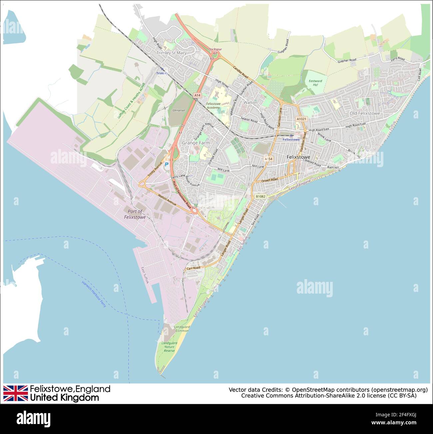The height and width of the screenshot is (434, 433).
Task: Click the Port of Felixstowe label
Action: [135, 214]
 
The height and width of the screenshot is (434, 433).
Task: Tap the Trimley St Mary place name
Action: [172, 53]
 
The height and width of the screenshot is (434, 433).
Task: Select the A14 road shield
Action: [198, 95]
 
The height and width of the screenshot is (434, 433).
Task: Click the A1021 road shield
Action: [301, 119]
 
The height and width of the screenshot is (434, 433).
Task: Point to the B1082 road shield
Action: [260, 196]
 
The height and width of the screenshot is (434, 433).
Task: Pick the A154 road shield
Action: [268, 159]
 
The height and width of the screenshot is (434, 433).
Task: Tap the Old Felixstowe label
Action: [365, 113]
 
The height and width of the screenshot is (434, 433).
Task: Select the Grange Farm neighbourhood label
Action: [196, 143]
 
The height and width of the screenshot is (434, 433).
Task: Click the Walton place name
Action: [250, 102]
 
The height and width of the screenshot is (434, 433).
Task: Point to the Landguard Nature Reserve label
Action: [169, 347]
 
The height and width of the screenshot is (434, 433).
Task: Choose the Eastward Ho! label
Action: [315, 83]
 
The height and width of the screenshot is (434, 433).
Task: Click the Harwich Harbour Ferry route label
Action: [94, 294]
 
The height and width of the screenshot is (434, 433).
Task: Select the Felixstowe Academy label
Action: [213, 106]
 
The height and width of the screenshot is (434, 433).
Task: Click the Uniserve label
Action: [179, 110]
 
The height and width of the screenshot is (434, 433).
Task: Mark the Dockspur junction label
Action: [215, 49]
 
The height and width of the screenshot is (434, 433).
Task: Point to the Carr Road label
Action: [193, 268]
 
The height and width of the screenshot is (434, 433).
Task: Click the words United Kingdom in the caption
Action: [64, 398]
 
